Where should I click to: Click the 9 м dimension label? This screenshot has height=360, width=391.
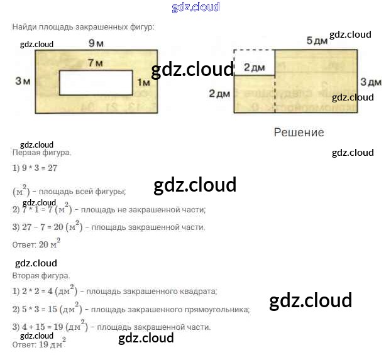pyautogui.click(x=96, y=43)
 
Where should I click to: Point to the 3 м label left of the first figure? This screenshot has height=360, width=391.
pyautogui.click(x=23, y=81)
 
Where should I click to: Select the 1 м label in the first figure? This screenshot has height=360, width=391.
pyautogui.click(x=143, y=82)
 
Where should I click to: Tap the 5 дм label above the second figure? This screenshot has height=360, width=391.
pyautogui.click(x=317, y=41)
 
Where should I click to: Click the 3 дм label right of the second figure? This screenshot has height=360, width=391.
pyautogui.click(x=371, y=82)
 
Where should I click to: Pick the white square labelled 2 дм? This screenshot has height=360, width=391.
pyautogui.click(x=254, y=63)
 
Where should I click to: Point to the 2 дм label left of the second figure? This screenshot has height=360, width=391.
pyautogui.click(x=220, y=94)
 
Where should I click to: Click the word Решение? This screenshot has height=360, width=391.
pyautogui.click(x=299, y=133)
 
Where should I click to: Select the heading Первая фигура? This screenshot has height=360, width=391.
pyautogui.click(x=41, y=153)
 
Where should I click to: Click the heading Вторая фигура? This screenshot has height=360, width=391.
pyautogui.click(x=41, y=275)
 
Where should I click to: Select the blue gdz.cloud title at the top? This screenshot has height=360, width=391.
pyautogui.click(x=196, y=7)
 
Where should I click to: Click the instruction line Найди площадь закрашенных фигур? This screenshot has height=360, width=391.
pyautogui.click(x=83, y=26)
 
